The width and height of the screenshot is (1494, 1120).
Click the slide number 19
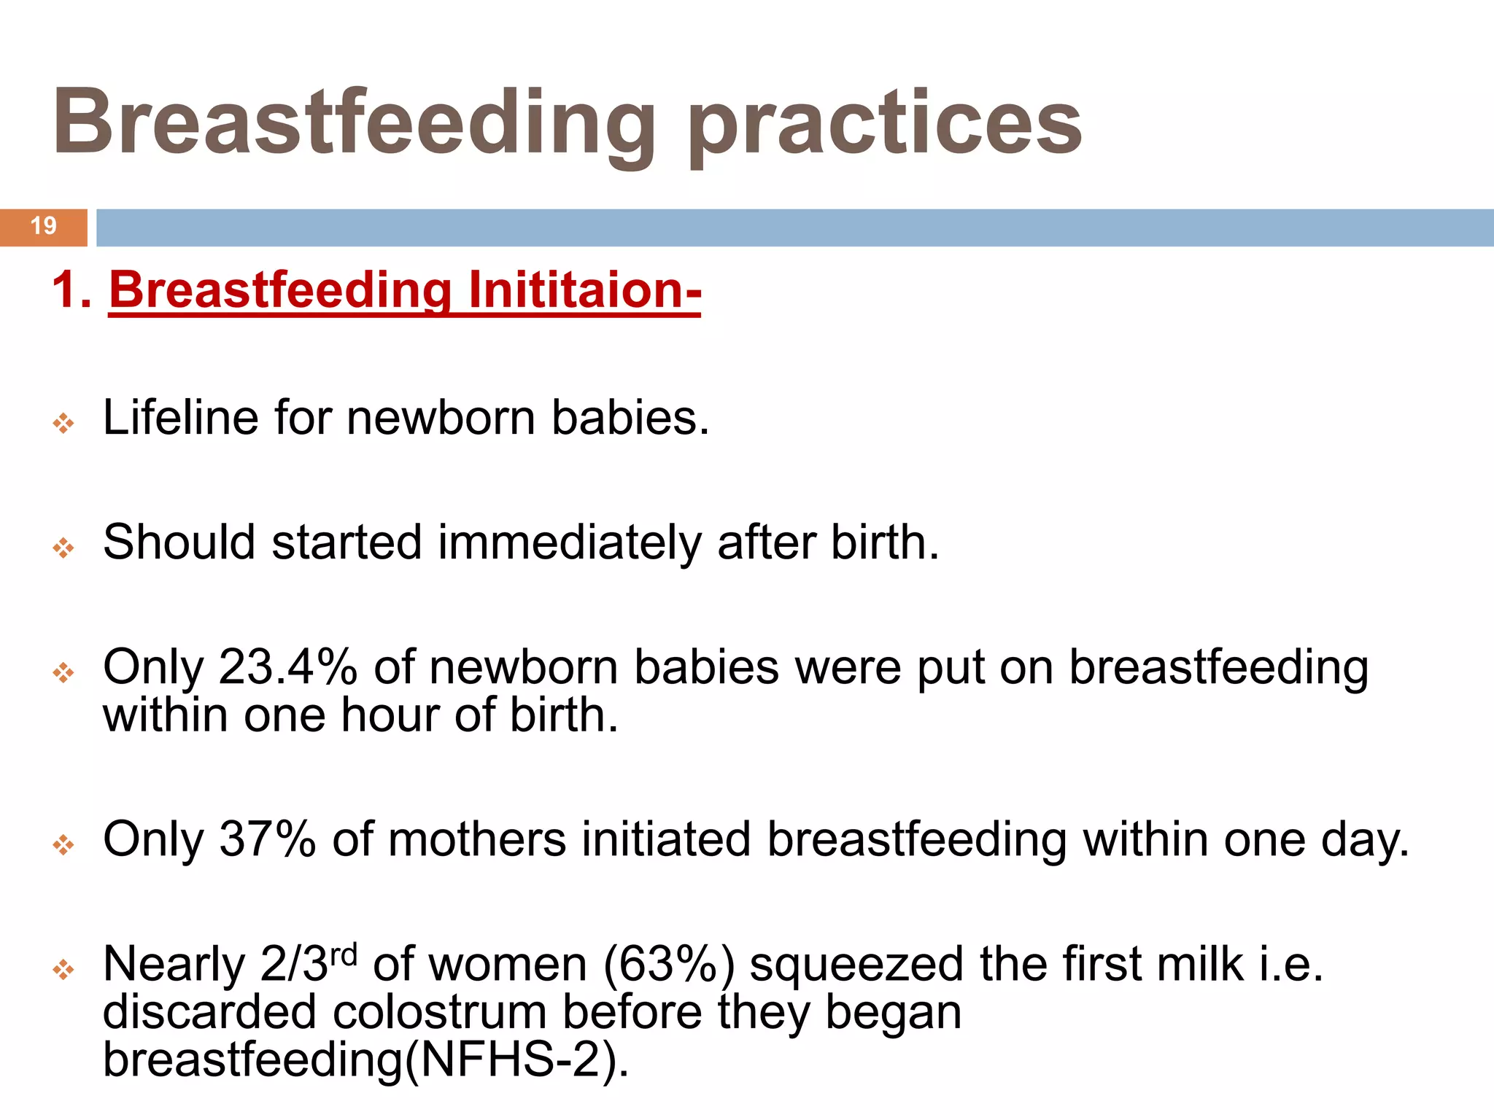(44, 226)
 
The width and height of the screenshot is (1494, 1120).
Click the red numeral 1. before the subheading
(71, 290)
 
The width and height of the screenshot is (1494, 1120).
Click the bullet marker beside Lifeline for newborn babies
(63, 423)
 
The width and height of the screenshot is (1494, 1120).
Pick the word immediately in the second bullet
(568, 543)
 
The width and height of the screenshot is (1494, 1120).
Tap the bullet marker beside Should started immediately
(63, 548)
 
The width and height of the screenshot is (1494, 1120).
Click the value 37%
(267, 839)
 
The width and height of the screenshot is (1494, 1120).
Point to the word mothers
(476, 839)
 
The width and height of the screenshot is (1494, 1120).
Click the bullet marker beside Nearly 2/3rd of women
(63, 969)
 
